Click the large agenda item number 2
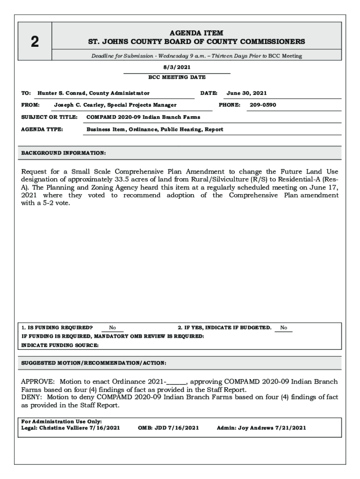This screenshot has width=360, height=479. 35,42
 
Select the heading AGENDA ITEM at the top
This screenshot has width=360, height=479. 196,33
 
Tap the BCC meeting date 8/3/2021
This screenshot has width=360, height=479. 177,67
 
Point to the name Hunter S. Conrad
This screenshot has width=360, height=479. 62,93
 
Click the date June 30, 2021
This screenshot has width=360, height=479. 247,93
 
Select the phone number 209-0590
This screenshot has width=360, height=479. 263,105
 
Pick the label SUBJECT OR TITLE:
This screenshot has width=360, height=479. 49,117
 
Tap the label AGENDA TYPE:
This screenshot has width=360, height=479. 43,129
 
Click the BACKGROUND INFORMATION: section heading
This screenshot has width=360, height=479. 64,153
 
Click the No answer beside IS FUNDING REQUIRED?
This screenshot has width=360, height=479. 113,328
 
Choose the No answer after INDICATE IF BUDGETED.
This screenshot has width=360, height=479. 284,328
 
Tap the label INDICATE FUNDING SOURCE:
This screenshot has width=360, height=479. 60,345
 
